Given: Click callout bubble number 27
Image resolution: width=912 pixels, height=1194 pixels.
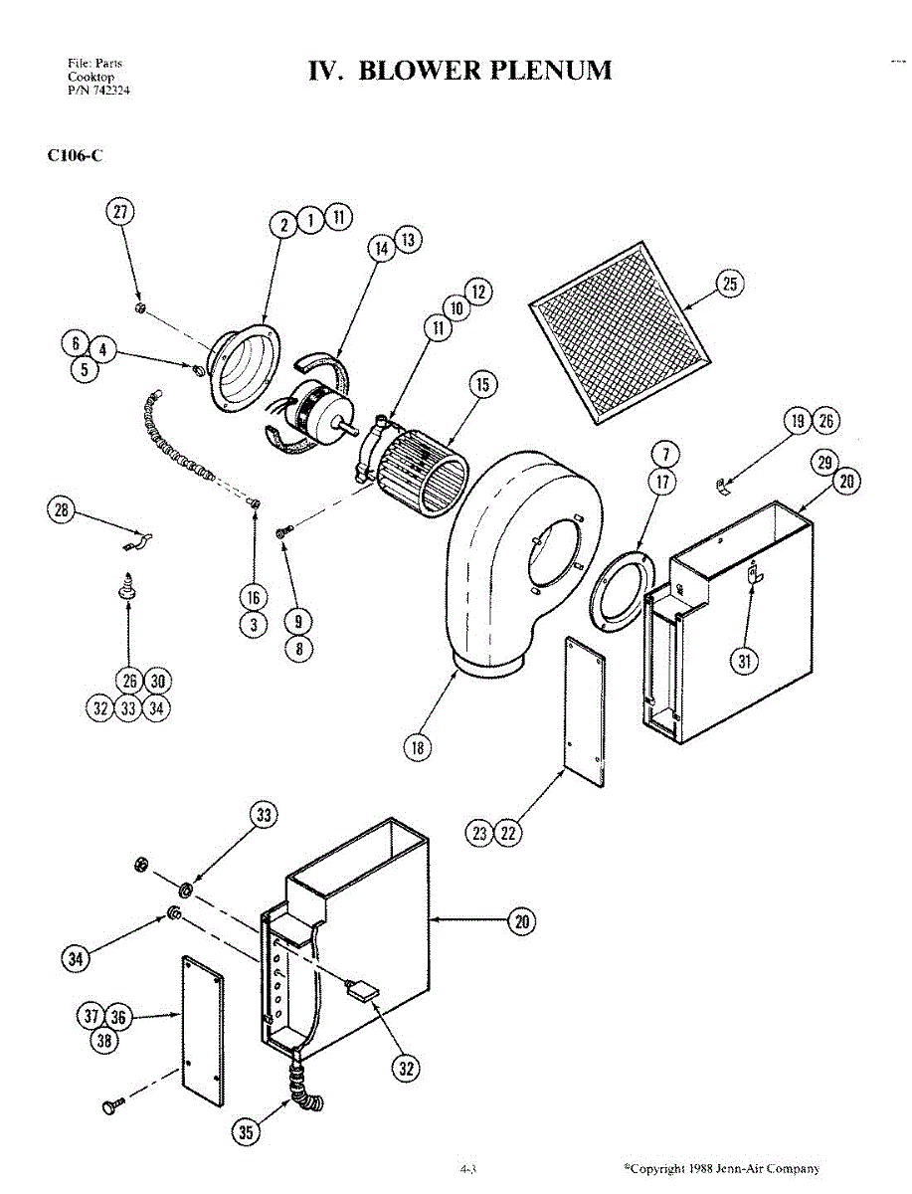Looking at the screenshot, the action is (120, 212).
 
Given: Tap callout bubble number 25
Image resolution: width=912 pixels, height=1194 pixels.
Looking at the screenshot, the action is (730, 284).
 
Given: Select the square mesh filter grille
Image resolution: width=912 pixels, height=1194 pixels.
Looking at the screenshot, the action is (621, 332).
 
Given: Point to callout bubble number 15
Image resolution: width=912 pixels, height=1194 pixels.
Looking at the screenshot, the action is (482, 385).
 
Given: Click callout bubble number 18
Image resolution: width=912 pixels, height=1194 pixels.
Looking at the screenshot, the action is (418, 747).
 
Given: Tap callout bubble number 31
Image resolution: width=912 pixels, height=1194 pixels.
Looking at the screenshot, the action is (744, 661).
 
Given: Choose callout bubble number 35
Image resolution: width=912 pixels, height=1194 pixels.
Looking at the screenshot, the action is (246, 1132).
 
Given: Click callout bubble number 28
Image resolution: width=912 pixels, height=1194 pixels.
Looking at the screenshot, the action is (62, 510).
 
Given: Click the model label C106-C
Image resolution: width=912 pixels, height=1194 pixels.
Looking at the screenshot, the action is (75, 155).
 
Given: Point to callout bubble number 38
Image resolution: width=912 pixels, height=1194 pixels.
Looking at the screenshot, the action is (104, 1040).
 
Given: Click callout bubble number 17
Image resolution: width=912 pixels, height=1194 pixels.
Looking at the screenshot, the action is (663, 482).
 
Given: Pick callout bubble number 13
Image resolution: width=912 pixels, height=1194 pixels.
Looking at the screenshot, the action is (408, 240).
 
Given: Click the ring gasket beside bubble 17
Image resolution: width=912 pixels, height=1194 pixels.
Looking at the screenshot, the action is (621, 592).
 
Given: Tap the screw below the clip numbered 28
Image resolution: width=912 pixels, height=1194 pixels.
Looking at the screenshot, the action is (127, 585).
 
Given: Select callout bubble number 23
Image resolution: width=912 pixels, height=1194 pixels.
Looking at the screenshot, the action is (479, 833).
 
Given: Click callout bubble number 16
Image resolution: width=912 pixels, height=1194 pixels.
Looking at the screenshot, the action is (254, 597).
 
